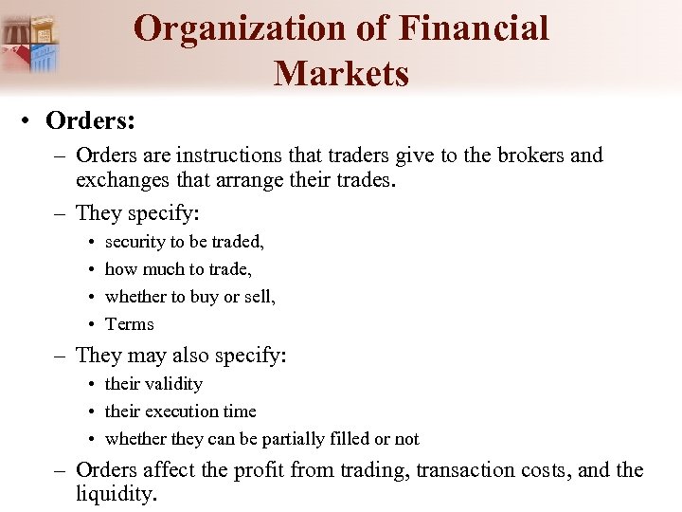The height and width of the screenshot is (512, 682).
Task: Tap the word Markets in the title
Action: (341, 73)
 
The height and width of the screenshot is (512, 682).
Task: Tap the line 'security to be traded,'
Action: (184, 242)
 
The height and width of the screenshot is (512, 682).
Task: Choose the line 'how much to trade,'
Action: (178, 269)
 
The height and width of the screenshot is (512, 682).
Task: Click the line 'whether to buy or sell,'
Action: (189, 297)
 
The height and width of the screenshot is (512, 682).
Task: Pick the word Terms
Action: (129, 324)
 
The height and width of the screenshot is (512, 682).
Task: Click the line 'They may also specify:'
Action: (180, 356)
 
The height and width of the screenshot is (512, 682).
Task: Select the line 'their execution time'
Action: (180, 411)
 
